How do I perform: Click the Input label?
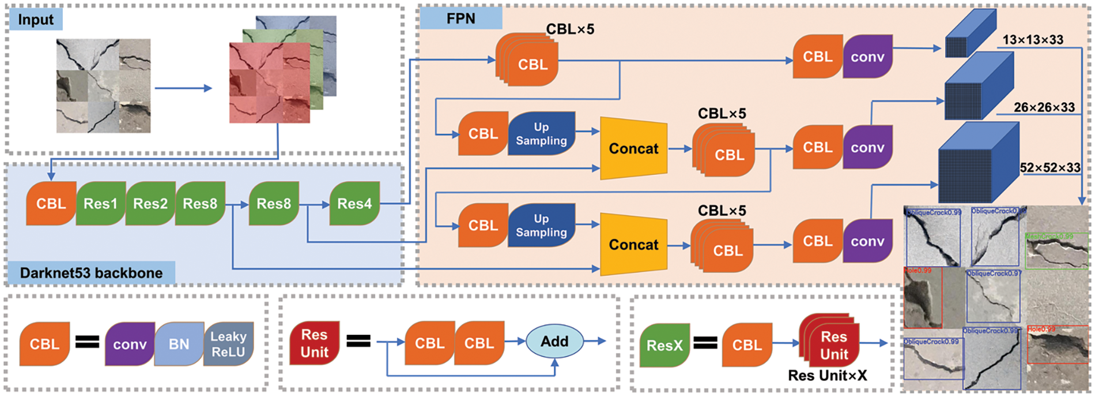(x=35, y=20)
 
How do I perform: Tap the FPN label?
(x=460, y=18)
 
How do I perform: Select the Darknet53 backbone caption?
(x=91, y=273)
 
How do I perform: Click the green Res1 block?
(x=100, y=204)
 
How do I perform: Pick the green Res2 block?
(x=150, y=204)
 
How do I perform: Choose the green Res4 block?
(x=354, y=204)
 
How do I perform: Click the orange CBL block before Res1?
(x=51, y=204)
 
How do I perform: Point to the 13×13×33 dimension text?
(x=1033, y=40)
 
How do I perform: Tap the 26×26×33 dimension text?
(x=1044, y=107)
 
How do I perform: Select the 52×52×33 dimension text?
(x=1049, y=167)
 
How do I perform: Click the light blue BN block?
(x=179, y=344)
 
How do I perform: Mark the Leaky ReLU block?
(x=228, y=344)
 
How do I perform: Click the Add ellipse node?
(x=554, y=342)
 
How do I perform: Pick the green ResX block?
(x=664, y=346)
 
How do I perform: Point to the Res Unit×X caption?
(x=827, y=376)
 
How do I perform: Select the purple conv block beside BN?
(x=130, y=344)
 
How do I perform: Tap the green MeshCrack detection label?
(x=1049, y=237)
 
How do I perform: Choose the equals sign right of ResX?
(x=705, y=344)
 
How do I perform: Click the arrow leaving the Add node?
(x=596, y=341)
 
